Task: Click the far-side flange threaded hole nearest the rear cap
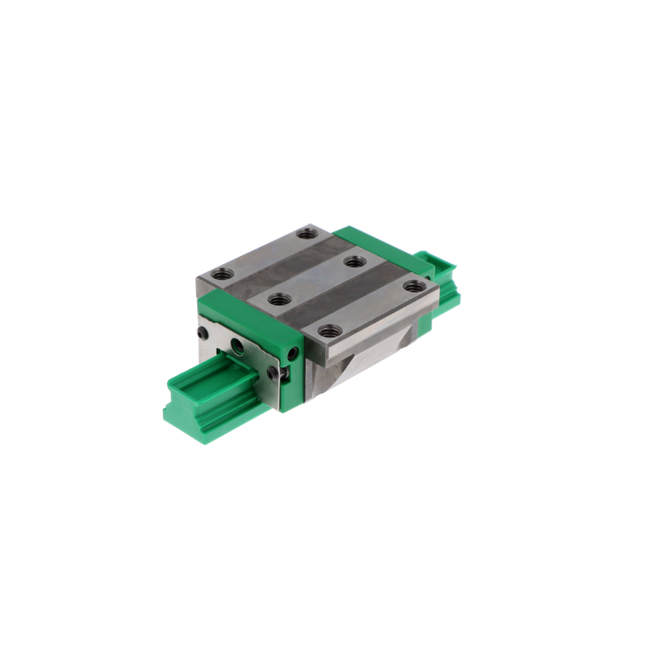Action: (307, 234)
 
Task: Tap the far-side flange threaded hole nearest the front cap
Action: (220, 275)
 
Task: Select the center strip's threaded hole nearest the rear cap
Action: (354, 262)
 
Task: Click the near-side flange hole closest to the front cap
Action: (328, 331)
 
